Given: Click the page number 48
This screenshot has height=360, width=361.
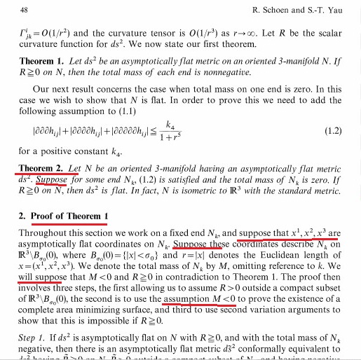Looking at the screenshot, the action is click(25, 11).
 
